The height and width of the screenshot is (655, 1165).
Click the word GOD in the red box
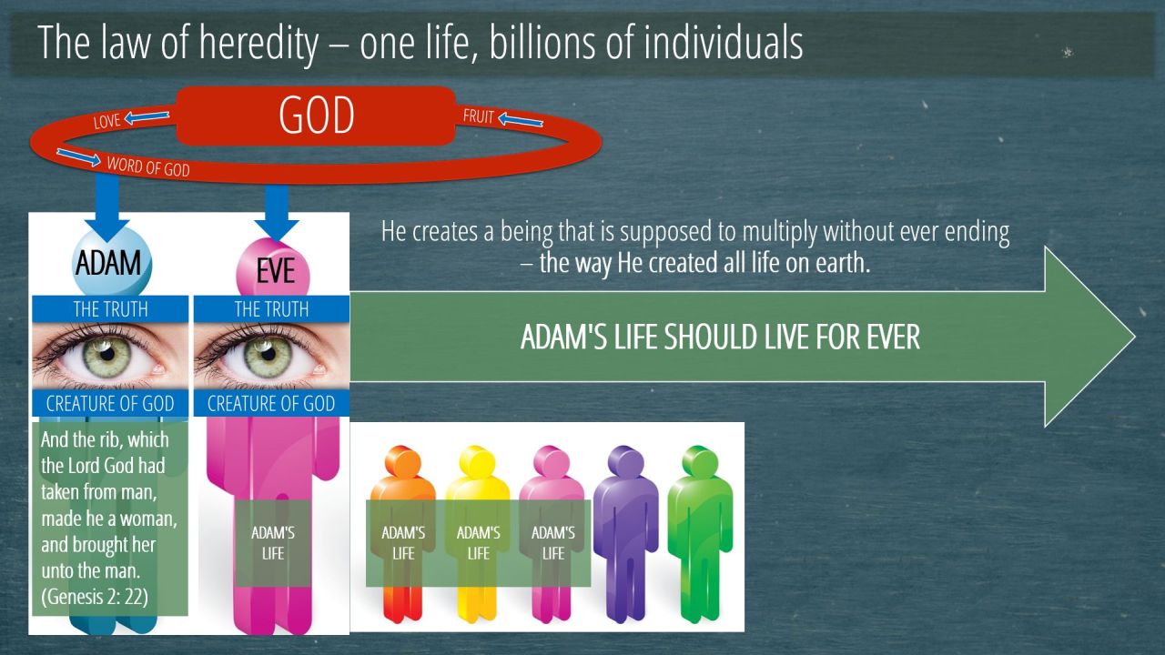tap(316, 116)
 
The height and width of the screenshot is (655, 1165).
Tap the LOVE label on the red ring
tap(106, 122)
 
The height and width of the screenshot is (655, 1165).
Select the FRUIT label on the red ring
tap(478, 116)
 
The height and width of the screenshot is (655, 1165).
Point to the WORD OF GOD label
tap(148, 166)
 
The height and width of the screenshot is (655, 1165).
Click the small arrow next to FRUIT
tap(521, 120)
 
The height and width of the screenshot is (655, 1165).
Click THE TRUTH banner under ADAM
tap(110, 309)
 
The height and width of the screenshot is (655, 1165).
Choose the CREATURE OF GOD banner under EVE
tap(271, 403)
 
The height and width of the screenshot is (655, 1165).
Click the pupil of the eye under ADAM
tap(107, 354)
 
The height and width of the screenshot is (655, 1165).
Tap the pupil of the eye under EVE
tap(268, 354)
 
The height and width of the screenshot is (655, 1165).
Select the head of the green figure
tap(700, 461)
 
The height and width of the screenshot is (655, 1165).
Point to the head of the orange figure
tap(402, 461)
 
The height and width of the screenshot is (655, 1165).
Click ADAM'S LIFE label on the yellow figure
tap(478, 543)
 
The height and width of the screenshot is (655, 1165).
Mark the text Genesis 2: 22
tap(95, 597)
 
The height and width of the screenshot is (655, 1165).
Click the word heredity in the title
tap(258, 44)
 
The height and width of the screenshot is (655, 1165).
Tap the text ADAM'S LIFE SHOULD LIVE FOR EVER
tap(720, 337)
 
